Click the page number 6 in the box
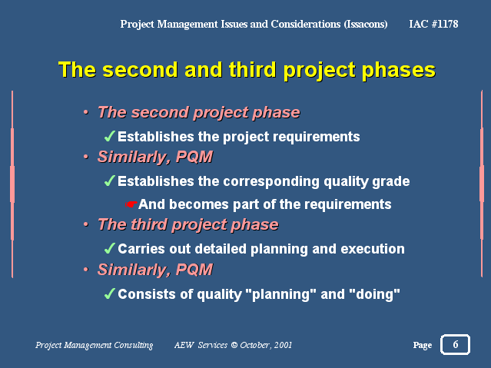(456, 344)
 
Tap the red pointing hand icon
(131, 204)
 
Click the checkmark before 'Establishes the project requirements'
(110, 136)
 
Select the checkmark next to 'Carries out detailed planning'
(110, 248)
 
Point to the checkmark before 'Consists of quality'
(110, 293)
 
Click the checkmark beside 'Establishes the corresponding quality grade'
(110, 181)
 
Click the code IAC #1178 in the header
(433, 24)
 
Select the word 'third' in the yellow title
(252, 69)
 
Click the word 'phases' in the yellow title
(399, 71)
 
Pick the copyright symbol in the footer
(234, 345)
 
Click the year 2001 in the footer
(283, 345)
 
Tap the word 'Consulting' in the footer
(134, 345)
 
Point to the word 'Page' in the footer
(422, 345)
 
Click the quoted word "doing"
(374, 294)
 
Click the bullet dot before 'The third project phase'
(86, 224)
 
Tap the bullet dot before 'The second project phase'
(86, 112)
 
